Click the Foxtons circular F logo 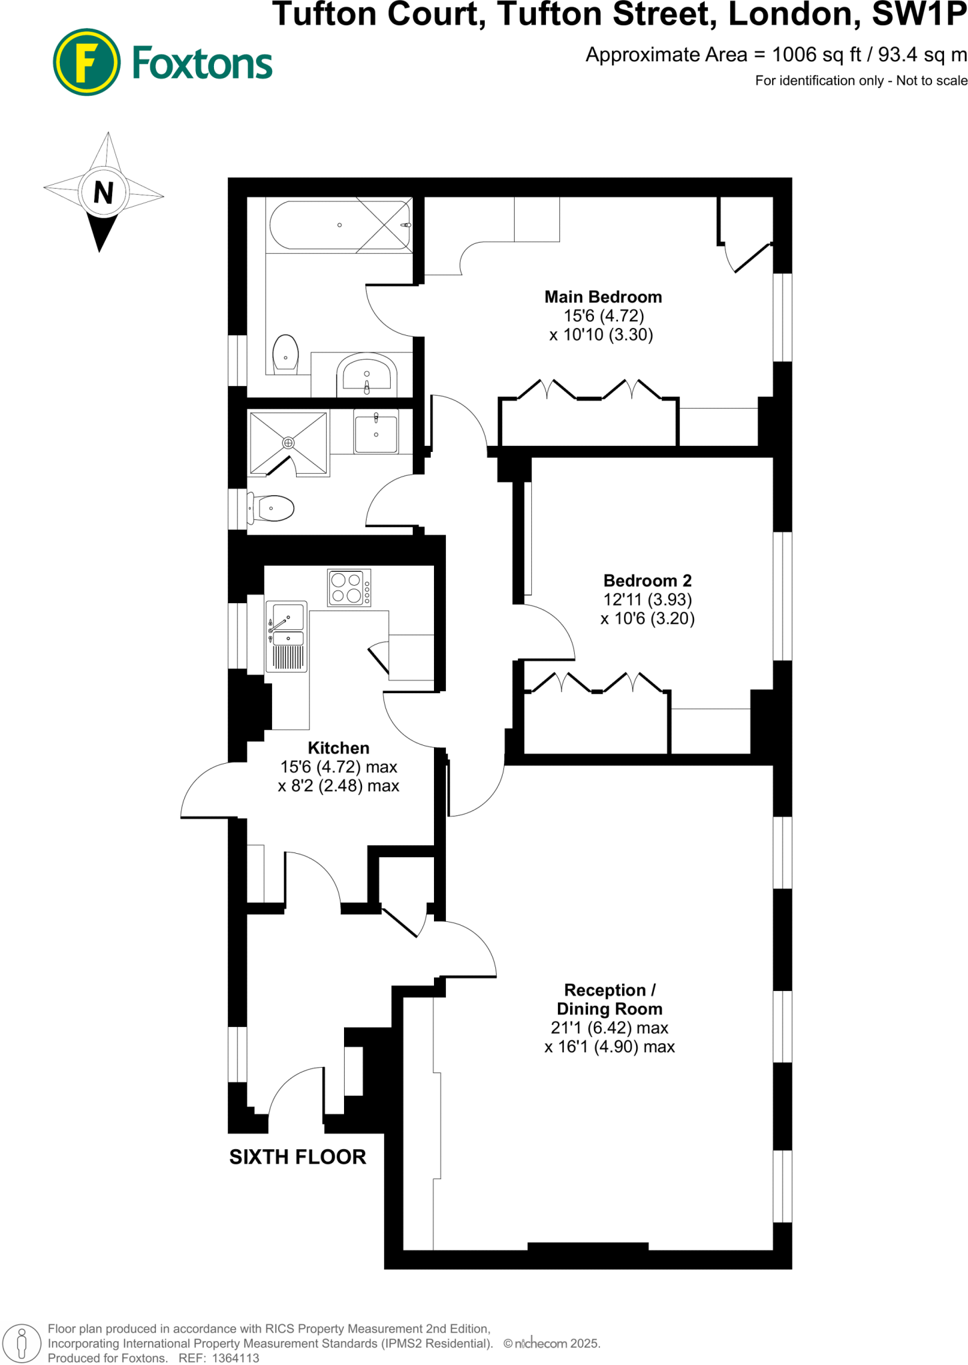(x=87, y=62)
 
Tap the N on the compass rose (x=103, y=193)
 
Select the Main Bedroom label (x=603, y=297)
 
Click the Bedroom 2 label (x=647, y=581)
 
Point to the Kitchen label (x=339, y=748)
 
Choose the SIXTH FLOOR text (x=297, y=1157)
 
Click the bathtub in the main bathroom (x=340, y=225)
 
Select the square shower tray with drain (x=288, y=443)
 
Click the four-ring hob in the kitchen (x=349, y=588)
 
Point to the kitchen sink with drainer (x=287, y=635)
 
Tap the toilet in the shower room (x=273, y=509)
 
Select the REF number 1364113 (x=235, y=1358)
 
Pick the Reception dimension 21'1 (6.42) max (x=609, y=1028)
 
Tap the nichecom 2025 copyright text (x=552, y=1344)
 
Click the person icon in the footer (x=22, y=1342)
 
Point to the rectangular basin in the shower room (x=376, y=433)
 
